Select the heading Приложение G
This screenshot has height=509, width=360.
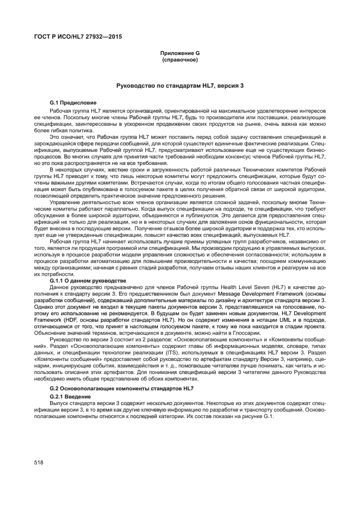(180, 52)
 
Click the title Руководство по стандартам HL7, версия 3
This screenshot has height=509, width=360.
(180, 86)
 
